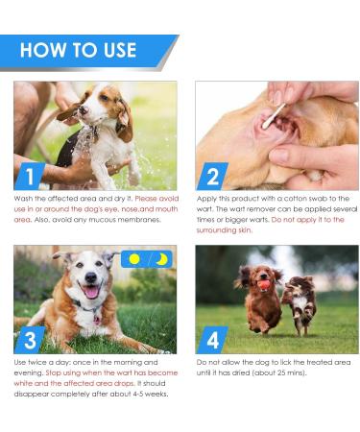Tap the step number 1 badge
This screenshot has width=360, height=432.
[x=31, y=176]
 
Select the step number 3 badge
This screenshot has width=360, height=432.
[x=31, y=340]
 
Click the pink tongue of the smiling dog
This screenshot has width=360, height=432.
[x=91, y=292]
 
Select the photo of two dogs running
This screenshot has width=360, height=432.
[x=276, y=299]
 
